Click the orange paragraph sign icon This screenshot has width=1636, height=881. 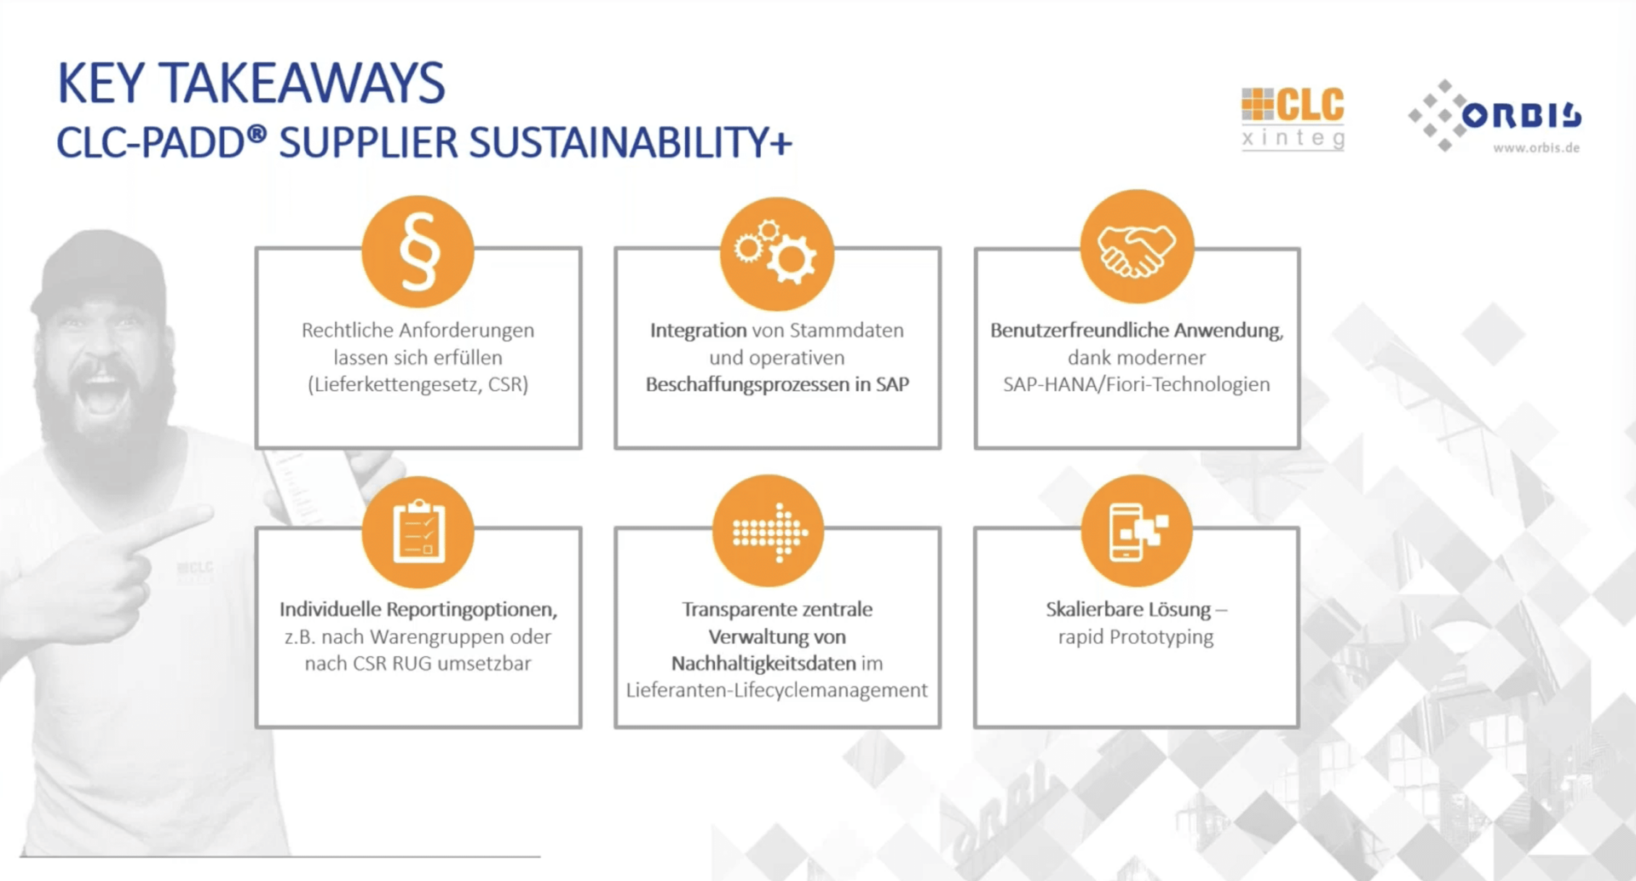pyautogui.click(x=418, y=252)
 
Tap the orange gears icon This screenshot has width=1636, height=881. pyautogui.click(x=777, y=253)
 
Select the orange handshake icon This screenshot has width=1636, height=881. pyautogui.click(x=1137, y=247)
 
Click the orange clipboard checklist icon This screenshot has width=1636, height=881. pyautogui.click(x=418, y=532)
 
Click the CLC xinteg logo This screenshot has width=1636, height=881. pyautogui.click(x=1293, y=118)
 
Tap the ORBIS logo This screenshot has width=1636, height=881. pyautogui.click(x=1495, y=116)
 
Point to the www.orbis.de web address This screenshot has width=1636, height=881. pyautogui.click(x=1536, y=147)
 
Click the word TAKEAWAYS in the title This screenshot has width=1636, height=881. pyautogui.click(x=302, y=83)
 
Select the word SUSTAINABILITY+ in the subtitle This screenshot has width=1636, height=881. pyautogui.click(x=631, y=142)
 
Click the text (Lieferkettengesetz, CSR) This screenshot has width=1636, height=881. pyautogui.click(x=418, y=384)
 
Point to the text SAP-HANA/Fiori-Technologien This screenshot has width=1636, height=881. pyautogui.click(x=1137, y=384)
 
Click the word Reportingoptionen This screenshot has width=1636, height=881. pyautogui.click(x=472, y=610)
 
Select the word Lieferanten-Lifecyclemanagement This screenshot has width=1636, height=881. pyautogui.click(x=776, y=690)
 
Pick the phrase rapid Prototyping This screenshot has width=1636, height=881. pyautogui.click(x=1136, y=637)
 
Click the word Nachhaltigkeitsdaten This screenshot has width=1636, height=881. pyautogui.click(x=763, y=664)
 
